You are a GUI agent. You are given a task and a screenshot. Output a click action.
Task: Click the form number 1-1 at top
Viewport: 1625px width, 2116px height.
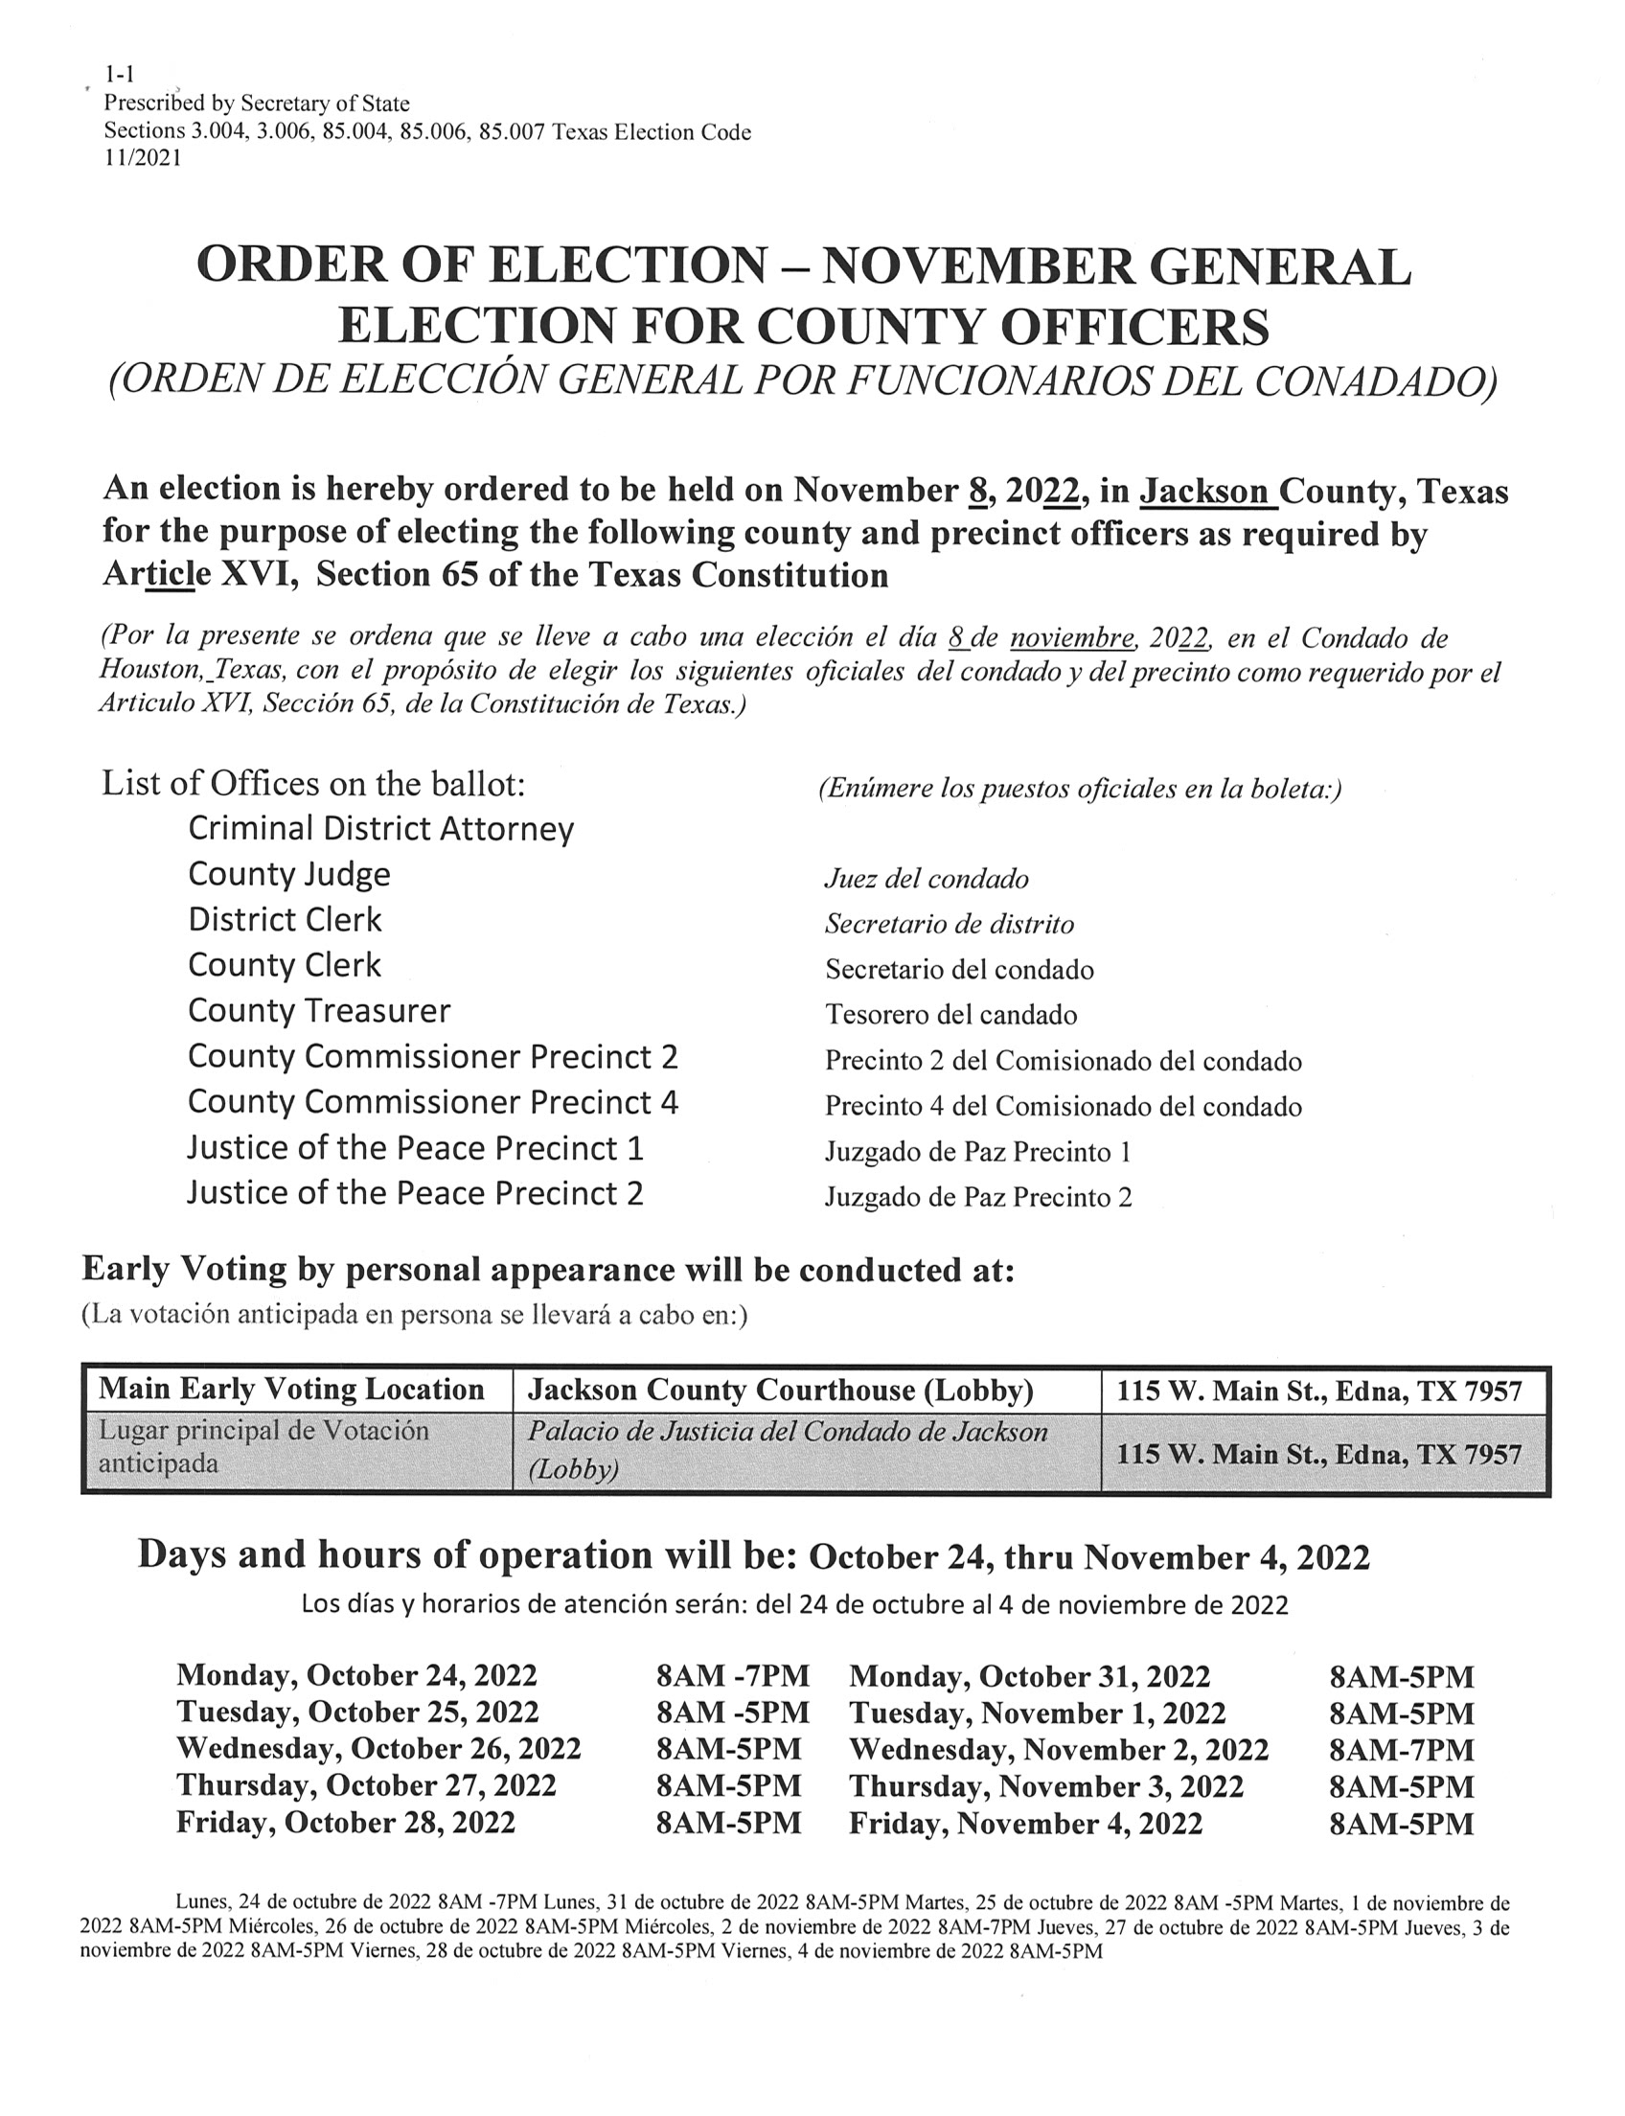point(119,74)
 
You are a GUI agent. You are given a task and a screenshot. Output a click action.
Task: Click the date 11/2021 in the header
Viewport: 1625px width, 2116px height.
point(142,159)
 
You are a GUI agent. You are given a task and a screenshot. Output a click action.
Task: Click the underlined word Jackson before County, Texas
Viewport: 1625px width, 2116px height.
point(1205,492)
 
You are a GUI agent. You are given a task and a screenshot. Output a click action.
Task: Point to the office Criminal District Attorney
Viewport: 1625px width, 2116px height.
point(381,829)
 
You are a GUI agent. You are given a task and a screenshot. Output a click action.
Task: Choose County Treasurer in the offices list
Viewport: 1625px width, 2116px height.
point(319,1011)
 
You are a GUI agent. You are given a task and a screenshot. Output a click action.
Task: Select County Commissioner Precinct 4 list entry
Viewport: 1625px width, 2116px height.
point(432,1102)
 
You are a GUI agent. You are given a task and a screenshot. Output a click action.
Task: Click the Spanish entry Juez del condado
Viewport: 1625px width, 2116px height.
point(926,879)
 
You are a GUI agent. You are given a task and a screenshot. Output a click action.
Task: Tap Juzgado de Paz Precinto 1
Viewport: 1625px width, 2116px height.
point(977,1151)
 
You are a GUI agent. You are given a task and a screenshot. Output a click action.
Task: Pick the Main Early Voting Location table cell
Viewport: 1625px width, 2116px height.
point(291,1390)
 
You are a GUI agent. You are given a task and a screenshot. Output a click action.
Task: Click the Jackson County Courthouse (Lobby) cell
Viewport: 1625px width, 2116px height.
point(780,1391)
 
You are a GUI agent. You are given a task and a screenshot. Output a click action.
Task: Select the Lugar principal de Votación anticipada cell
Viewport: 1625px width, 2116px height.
point(263,1446)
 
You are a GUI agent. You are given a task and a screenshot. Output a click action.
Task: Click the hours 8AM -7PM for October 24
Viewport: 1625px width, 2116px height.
point(732,1676)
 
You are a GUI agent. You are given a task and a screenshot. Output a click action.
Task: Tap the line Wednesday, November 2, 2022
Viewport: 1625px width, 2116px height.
point(1058,1749)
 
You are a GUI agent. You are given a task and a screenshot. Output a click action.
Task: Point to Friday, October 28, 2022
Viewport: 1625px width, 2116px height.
point(345,1823)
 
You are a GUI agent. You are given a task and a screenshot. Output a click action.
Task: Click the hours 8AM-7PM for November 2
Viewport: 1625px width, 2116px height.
point(1401,1749)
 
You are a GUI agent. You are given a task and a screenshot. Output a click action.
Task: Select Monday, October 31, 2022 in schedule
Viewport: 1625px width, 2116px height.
point(1029,1676)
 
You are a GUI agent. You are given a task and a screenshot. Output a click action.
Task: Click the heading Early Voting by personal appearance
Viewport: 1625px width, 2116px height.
point(547,1270)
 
